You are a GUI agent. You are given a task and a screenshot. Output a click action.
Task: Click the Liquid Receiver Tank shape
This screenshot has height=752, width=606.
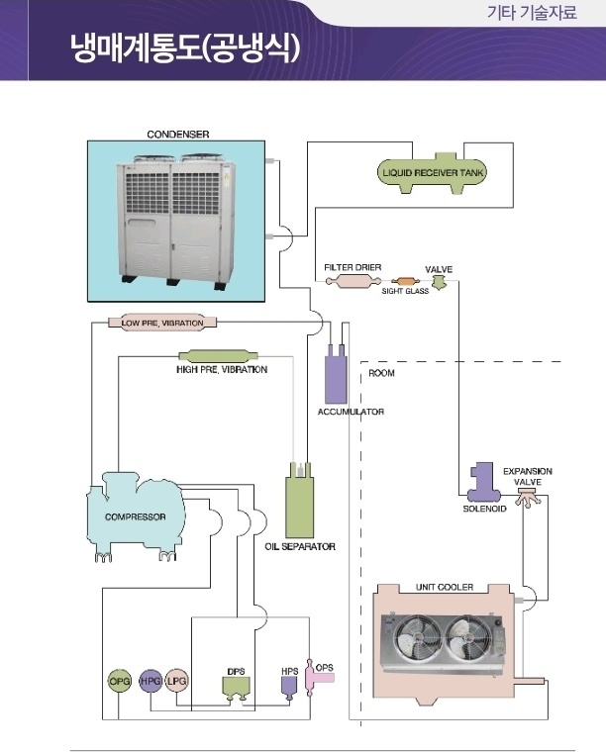434,174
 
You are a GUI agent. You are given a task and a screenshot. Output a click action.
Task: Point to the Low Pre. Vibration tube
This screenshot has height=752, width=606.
162,323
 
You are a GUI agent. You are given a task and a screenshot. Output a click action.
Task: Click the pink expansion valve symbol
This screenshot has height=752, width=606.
526,495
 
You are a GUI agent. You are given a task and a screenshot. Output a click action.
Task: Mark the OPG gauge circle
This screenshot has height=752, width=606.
119,681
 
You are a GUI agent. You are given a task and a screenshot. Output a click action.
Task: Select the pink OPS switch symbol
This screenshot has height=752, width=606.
322,678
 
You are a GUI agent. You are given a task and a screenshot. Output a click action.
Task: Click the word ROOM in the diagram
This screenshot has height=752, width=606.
381,374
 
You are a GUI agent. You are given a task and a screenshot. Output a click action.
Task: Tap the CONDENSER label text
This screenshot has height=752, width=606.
178,133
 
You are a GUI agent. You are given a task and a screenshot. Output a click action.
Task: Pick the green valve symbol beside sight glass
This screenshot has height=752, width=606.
439,283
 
